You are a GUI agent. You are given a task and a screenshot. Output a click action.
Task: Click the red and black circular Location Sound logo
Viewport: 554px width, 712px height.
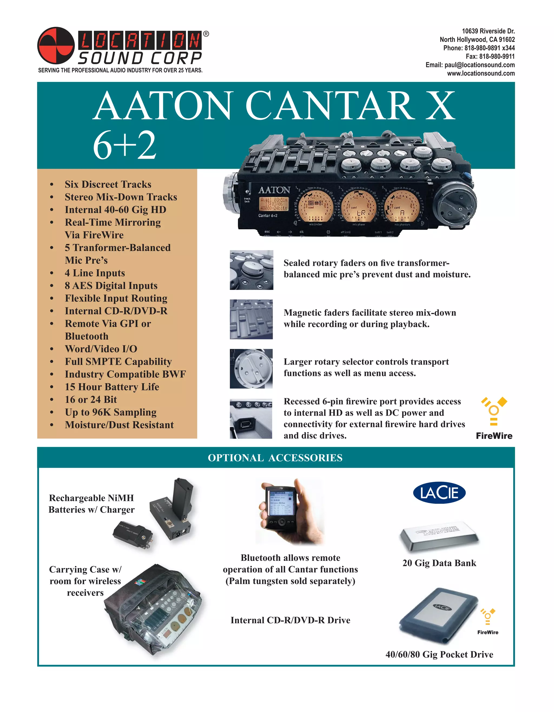click(x=56, y=45)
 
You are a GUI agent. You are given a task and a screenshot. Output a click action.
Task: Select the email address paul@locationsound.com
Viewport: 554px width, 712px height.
click(x=479, y=65)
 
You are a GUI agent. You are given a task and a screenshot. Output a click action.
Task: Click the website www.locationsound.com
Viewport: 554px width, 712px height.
click(x=481, y=73)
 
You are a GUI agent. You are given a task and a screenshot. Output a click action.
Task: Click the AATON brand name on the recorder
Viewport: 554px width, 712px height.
click(x=274, y=190)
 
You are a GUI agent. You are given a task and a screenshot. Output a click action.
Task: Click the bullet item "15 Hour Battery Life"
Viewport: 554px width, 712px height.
click(x=112, y=387)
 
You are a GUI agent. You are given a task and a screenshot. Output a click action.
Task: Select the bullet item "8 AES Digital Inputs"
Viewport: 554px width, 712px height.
click(x=111, y=286)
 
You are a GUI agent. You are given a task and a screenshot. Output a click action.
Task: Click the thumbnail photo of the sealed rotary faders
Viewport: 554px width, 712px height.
click(x=251, y=270)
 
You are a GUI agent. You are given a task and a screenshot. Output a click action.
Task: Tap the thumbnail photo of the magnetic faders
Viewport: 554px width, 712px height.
click(x=251, y=319)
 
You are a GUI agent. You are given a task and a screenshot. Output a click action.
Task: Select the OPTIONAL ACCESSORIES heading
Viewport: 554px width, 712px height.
click(x=275, y=458)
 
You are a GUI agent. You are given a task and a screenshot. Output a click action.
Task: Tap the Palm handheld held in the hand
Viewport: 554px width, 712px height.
click(x=281, y=509)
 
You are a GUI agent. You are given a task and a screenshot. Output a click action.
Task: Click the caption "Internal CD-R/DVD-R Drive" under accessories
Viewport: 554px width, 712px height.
click(x=290, y=620)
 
